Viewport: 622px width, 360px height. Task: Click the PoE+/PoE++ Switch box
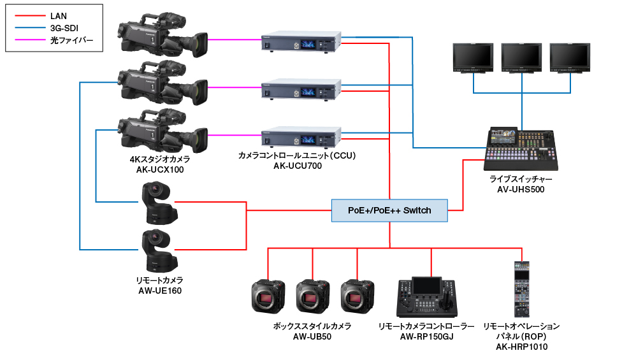point(389,210)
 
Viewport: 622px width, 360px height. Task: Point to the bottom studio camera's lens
point(199,135)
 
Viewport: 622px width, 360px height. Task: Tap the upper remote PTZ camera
point(157,203)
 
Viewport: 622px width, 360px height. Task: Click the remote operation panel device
point(521,290)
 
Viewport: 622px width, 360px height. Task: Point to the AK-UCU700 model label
point(298,166)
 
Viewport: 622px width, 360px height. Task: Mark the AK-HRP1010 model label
point(521,347)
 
